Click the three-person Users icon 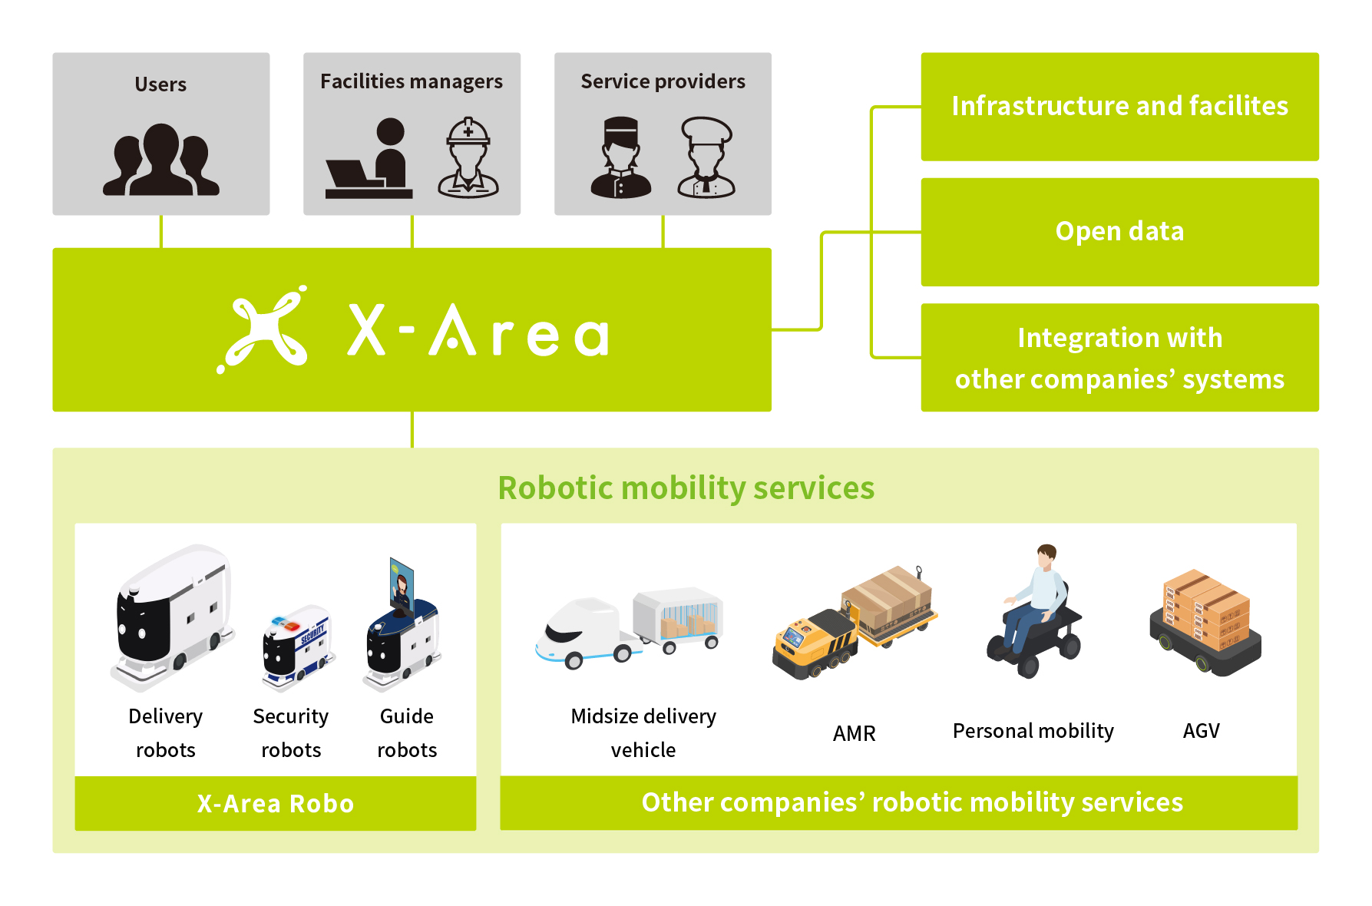coord(161,160)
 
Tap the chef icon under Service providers coord(706,157)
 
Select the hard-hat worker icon coord(468,157)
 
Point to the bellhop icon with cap coord(621,157)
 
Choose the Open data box coord(1119,232)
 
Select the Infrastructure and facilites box coord(1119,107)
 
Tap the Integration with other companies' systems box coord(1119,358)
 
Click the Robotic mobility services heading coord(686,488)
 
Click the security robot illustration coord(296,647)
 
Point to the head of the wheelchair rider coord(1046,554)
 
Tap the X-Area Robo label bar coord(276,803)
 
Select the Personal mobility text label coord(1033,731)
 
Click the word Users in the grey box coord(160,84)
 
